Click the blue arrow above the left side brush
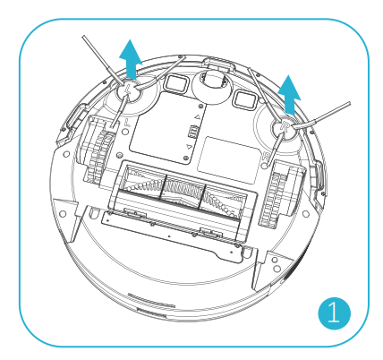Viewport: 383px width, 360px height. coord(131,60)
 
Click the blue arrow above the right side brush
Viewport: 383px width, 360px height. coord(289,95)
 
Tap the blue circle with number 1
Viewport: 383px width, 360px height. coord(334,313)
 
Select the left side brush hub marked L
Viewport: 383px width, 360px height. coord(128,90)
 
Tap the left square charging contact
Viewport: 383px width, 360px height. coord(176,82)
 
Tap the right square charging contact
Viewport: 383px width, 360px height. coord(244,99)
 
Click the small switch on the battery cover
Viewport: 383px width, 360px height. coord(193,132)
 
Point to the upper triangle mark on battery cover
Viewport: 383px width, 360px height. coord(197,117)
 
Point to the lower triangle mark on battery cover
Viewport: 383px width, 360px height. coord(189,147)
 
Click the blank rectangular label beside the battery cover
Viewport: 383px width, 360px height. coord(228,159)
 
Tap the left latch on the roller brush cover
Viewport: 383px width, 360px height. coord(134,213)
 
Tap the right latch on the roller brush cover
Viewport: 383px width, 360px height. coord(211,233)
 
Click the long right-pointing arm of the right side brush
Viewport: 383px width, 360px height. coord(321,116)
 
